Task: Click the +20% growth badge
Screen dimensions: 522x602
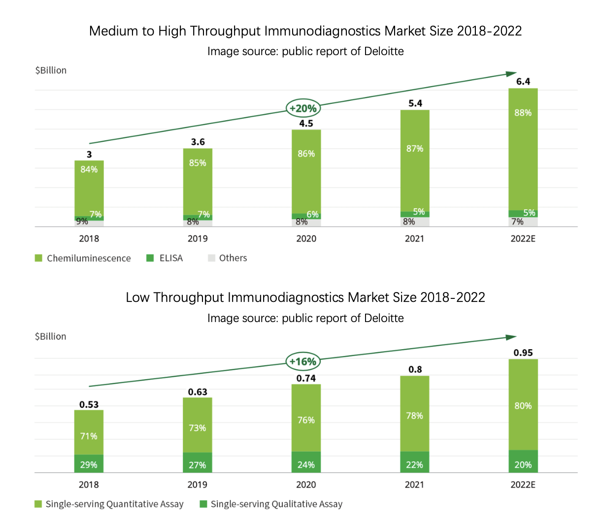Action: click(x=302, y=108)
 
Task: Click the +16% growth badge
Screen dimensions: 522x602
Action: click(x=302, y=361)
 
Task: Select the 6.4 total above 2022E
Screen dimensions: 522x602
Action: click(x=523, y=82)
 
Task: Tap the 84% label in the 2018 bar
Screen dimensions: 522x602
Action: click(x=89, y=169)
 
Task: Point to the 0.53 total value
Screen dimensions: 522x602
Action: click(x=89, y=405)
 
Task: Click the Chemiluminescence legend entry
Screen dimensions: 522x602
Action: click(x=83, y=258)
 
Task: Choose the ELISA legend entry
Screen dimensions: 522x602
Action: click(x=165, y=258)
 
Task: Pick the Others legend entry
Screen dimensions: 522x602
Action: click(x=227, y=258)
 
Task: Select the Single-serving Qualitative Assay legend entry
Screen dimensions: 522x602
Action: click(x=271, y=504)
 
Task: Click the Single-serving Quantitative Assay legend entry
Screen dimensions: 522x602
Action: click(x=109, y=504)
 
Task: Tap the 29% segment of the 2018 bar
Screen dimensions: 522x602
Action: click(x=89, y=464)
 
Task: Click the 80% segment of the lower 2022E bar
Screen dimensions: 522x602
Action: click(x=523, y=406)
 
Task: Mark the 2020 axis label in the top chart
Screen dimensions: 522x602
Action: click(x=306, y=239)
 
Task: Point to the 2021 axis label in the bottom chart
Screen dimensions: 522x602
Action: click(x=414, y=485)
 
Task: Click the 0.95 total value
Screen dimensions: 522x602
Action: click(x=523, y=353)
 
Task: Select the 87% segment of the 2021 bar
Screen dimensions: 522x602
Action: click(x=415, y=149)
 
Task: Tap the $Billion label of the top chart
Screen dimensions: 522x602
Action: click(x=51, y=70)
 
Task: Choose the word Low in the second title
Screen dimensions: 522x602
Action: click(x=138, y=297)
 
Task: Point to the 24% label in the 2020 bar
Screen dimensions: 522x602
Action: click(x=306, y=464)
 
